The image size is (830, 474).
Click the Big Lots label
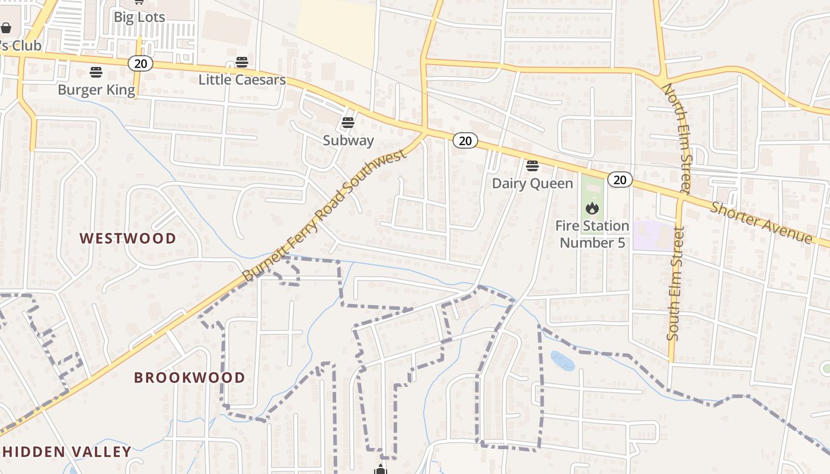tap(139, 17)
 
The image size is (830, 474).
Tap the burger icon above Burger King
tap(96, 72)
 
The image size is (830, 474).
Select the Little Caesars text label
tap(242, 79)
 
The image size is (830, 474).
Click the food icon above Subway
tap(348, 123)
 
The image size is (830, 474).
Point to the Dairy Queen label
tap(532, 183)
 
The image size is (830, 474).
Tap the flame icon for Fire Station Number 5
tap(592, 208)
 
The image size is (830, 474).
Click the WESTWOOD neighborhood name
tap(128, 238)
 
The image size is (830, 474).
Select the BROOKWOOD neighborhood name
tap(189, 377)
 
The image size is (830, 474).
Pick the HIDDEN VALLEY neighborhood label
tap(66, 451)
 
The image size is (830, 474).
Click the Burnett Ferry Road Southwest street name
tap(325, 214)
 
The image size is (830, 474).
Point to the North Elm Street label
tap(676, 138)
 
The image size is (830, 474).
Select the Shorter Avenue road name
tap(761, 222)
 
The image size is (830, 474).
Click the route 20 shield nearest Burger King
tap(141, 63)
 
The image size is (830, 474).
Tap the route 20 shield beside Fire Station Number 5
tap(620, 180)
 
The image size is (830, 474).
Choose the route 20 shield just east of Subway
tap(465, 140)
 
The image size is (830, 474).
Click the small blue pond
tap(562, 360)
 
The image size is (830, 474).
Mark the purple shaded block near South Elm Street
tap(652, 235)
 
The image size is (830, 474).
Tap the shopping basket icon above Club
tap(6, 28)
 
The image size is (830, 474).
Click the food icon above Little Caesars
tap(241, 62)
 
